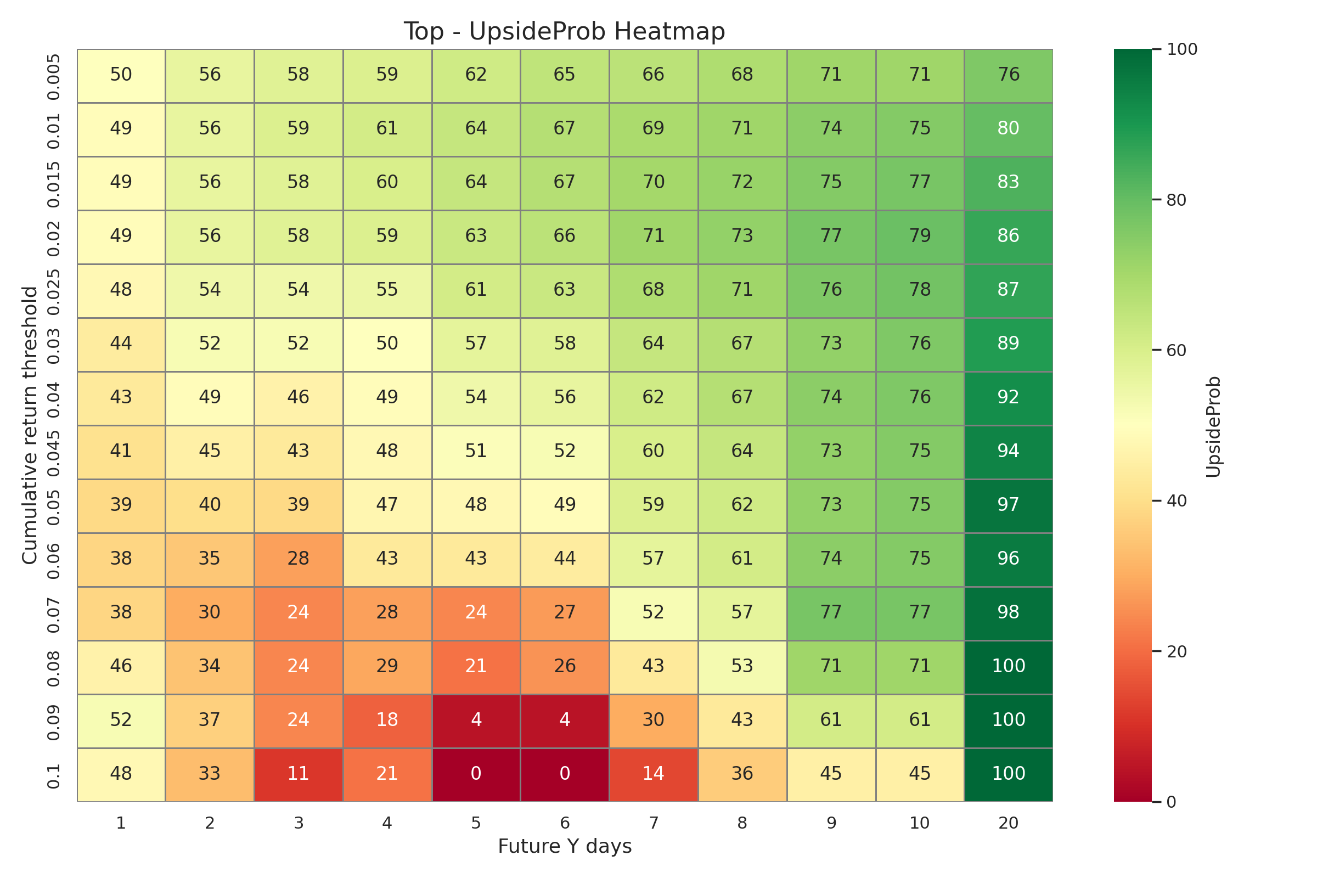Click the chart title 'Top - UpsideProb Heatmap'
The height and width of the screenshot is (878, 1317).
[x=565, y=31]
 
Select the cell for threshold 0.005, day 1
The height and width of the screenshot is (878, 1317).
[x=121, y=75]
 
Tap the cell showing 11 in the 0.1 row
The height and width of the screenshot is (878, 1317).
[x=299, y=774]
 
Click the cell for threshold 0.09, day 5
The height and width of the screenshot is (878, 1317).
[x=476, y=720]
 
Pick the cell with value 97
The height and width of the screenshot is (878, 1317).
[x=1009, y=505]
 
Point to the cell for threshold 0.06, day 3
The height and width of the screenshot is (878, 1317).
[x=299, y=559]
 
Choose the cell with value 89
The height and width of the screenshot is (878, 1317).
[x=1009, y=344]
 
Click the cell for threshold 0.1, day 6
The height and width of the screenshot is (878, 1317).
[x=565, y=774]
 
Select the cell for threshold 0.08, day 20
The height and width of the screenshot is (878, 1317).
[x=1009, y=666]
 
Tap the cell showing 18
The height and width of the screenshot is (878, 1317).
[x=387, y=720]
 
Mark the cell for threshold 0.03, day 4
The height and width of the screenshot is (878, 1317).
[x=387, y=344]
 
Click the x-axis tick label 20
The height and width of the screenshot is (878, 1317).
[x=1009, y=823]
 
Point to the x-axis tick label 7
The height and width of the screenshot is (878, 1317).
[x=654, y=823]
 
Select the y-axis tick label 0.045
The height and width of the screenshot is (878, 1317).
[x=53, y=451]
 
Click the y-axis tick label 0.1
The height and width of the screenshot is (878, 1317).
[x=53, y=774]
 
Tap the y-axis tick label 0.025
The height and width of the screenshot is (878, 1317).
[x=53, y=290]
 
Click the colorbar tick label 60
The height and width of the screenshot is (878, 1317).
[x=1177, y=351]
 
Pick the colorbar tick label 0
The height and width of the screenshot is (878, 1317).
[x=1172, y=802]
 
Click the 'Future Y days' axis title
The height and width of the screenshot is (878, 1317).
[x=565, y=846]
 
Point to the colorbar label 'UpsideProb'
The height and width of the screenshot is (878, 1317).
[x=1213, y=426]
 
